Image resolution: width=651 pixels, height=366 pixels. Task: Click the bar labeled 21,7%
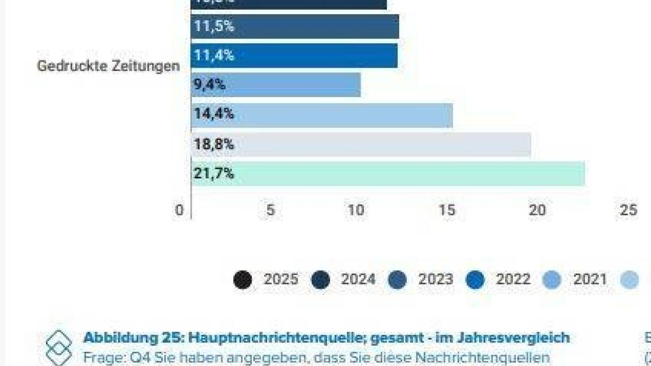tap(388, 174)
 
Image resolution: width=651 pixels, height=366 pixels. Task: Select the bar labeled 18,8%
tap(361, 145)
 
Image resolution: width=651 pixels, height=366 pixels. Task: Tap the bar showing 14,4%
tap(322, 114)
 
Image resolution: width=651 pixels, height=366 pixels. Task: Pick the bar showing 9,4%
tap(276, 85)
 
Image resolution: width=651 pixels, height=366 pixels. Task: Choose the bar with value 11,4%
tap(294, 55)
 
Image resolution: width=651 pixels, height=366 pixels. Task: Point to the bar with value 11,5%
tap(295, 26)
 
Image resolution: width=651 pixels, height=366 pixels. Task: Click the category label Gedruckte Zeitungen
tap(108, 66)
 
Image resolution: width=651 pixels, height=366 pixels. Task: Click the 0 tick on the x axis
tap(179, 210)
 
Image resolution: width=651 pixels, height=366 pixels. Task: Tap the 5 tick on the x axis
tap(271, 210)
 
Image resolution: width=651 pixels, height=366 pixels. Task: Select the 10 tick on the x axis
tap(356, 210)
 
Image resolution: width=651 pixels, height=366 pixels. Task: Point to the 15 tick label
tap(447, 210)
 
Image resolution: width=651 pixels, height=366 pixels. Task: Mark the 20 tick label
tap(538, 210)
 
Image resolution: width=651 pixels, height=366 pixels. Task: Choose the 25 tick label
tap(629, 210)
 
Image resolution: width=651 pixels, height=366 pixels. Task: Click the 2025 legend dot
tap(243, 280)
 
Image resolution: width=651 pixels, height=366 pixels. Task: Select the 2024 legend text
tap(358, 280)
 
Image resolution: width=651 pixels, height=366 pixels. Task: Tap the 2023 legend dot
tap(397, 280)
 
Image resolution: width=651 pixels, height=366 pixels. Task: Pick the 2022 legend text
tap(513, 280)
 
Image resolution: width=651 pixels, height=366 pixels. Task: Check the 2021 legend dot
tap(552, 280)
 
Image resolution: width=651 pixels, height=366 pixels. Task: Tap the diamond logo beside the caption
tap(58, 348)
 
